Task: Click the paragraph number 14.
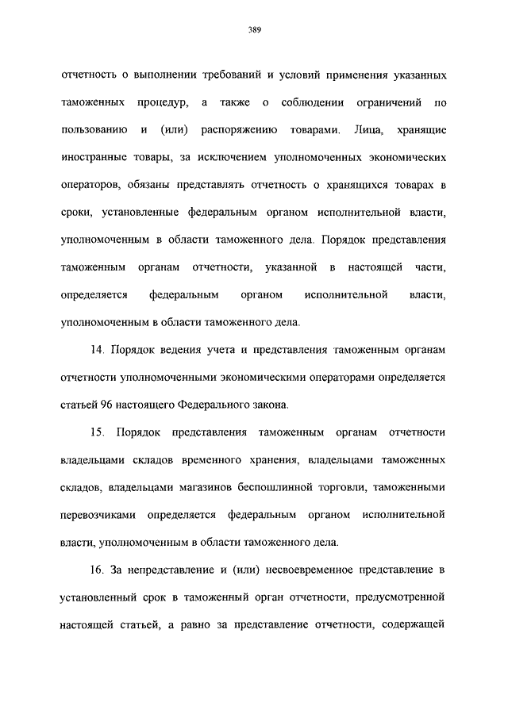(99, 350)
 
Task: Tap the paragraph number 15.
(99, 432)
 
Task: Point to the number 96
(108, 405)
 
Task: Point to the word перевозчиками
(95, 516)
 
